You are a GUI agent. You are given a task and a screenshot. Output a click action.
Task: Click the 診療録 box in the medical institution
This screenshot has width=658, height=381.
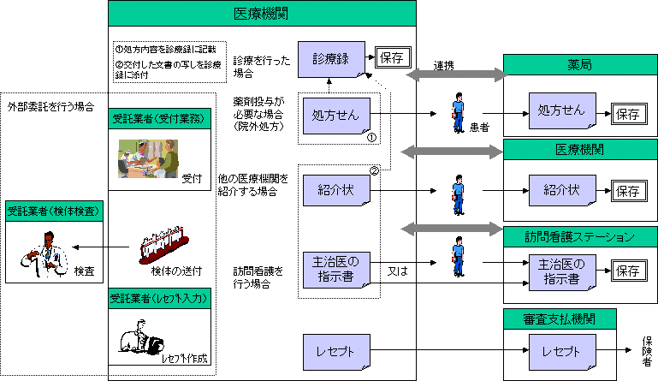331,59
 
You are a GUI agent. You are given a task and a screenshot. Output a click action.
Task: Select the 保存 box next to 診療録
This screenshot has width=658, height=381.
393,58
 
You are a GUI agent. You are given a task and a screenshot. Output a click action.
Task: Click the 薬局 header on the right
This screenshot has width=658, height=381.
579,65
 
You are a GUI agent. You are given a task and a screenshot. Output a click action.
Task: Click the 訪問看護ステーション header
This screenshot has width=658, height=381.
579,236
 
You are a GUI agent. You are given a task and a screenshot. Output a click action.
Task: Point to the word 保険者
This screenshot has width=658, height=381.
647,348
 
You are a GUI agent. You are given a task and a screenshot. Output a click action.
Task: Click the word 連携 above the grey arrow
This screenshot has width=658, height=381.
444,65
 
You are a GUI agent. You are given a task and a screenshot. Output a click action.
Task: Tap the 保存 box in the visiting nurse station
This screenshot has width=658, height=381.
627,271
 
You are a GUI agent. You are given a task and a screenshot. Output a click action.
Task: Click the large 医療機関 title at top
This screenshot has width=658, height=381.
261,14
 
